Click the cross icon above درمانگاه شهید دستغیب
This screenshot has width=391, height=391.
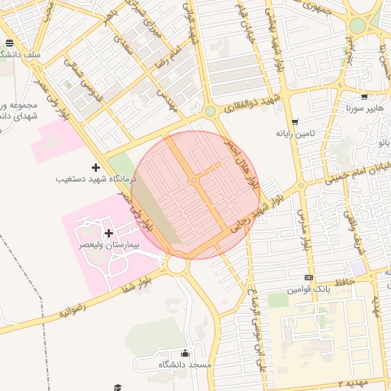pyautogui.click(x=95, y=166)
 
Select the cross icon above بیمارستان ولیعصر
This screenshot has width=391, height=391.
pyautogui.click(x=108, y=233)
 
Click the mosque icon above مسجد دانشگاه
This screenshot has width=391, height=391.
pyautogui.click(x=184, y=353)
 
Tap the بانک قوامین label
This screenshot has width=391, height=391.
pyautogui.click(x=308, y=290)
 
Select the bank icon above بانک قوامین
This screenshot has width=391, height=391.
pyautogui.click(x=309, y=278)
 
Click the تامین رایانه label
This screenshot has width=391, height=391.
pyautogui.click(x=295, y=133)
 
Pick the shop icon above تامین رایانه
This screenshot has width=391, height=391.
pyautogui.click(x=295, y=121)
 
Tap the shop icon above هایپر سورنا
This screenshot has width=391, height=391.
pyautogui.click(x=364, y=97)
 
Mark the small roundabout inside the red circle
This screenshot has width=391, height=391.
pyautogui.click(x=194, y=180)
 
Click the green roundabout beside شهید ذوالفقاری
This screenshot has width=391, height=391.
pyautogui.click(x=210, y=111)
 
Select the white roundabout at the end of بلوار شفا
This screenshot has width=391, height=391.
pyautogui.click(x=179, y=265)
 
